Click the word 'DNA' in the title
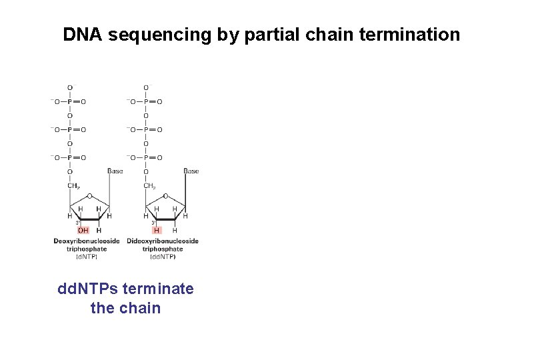click(x=83, y=35)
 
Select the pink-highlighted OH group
click(x=83, y=231)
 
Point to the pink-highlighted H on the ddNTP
click(x=157, y=231)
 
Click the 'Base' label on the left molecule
click(x=115, y=171)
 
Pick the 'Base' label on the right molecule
click(x=191, y=171)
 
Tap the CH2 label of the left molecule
click(x=73, y=186)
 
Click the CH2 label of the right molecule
click(x=149, y=186)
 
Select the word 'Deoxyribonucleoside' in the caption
click(x=87, y=241)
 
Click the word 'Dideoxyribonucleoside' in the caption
click(x=163, y=241)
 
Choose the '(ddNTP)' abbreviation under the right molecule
click(x=163, y=257)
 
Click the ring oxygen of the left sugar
click(x=89, y=196)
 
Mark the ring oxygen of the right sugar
click(x=165, y=196)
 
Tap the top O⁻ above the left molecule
click(x=71, y=87)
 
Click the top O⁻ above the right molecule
click(x=147, y=87)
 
